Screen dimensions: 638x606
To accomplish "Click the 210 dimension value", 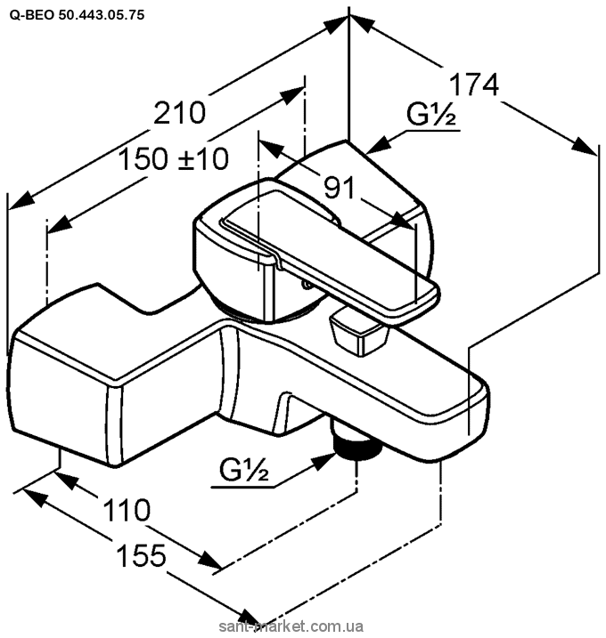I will click(181, 113).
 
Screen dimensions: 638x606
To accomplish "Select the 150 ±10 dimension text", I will click(175, 159).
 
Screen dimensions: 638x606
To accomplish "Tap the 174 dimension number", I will click(471, 85).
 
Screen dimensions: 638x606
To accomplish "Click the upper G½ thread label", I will click(432, 117).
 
